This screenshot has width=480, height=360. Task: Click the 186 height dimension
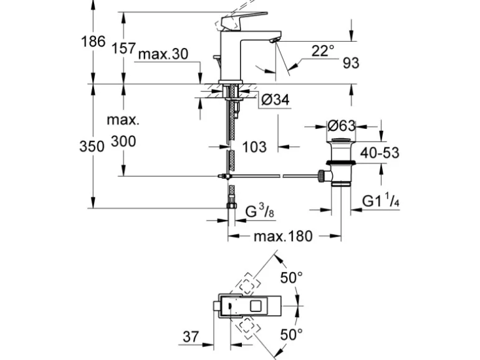pyautogui.click(x=93, y=42)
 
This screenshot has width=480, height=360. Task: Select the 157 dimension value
pyautogui.click(x=123, y=47)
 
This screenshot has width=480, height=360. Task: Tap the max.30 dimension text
pyautogui.click(x=163, y=54)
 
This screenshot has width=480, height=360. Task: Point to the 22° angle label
pyautogui.click(x=323, y=51)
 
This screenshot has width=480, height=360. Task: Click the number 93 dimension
pyautogui.click(x=351, y=63)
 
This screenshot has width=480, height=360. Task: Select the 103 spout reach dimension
pyautogui.click(x=254, y=147)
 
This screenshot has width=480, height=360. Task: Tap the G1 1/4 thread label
pyautogui.click(x=381, y=202)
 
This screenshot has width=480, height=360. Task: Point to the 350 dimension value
pyautogui.click(x=93, y=146)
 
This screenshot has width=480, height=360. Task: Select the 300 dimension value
pyautogui.click(x=123, y=141)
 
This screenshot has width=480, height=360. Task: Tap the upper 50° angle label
pyautogui.click(x=290, y=278)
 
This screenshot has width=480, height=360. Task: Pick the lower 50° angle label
pyautogui.click(x=290, y=334)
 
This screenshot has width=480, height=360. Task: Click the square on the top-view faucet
pyautogui.click(x=255, y=306)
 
